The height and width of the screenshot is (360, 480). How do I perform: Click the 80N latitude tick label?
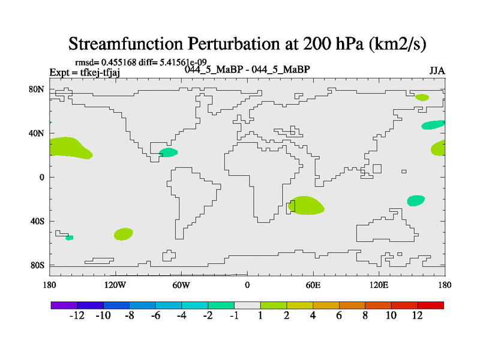pos(37,89)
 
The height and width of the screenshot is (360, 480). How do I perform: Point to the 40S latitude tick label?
pos(37,221)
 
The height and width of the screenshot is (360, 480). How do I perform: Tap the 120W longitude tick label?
pos(115,286)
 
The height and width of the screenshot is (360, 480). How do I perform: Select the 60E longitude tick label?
pos(313,286)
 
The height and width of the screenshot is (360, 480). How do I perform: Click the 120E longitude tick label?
pos(379,286)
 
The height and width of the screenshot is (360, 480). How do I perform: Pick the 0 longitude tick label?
pos(247,286)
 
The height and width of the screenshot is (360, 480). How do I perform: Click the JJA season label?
pos(437,71)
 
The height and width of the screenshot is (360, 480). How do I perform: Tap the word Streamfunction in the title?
pos(125,43)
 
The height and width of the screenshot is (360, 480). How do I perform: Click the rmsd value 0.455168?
pos(119,62)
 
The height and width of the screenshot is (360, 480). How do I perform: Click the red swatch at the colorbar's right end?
pos(430,305)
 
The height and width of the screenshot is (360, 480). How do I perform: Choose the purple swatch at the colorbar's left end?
pos(64,305)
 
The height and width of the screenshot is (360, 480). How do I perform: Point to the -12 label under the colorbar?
pos(77,316)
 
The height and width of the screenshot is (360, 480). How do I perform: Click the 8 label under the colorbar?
pos(365,316)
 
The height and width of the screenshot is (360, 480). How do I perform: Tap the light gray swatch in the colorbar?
pos(247,305)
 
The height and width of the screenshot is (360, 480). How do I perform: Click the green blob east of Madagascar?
pos(306,205)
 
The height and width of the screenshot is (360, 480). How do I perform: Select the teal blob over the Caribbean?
pos(169,152)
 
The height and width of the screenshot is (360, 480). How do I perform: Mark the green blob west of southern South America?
pos(124,234)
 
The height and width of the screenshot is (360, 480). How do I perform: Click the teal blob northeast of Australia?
pos(416,200)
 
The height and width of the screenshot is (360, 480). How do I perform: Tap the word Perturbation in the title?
pos(234,43)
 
